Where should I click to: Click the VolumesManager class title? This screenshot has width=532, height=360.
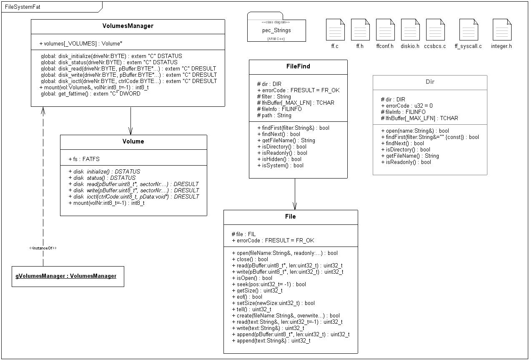[128, 26]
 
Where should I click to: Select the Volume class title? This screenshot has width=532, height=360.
[133, 141]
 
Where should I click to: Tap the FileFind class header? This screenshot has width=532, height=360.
[298, 66]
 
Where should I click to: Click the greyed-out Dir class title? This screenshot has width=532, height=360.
[430, 82]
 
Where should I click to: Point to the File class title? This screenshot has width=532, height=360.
[291, 217]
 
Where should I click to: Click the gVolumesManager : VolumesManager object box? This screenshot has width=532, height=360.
[68, 276]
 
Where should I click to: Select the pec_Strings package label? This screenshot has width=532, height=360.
[276, 30]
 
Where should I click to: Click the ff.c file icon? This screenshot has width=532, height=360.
[335, 30]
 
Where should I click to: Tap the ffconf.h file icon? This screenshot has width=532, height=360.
[386, 30]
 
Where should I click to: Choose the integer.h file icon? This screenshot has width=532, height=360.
[502, 30]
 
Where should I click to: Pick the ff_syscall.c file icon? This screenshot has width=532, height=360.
[469, 30]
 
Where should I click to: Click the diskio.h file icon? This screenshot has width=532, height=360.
[410, 30]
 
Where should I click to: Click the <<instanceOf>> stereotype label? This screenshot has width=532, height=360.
[43, 248]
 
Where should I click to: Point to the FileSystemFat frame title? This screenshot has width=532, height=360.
[23, 7]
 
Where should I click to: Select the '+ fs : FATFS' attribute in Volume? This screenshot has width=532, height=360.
[84, 159]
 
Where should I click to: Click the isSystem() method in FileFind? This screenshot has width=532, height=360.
[280, 165]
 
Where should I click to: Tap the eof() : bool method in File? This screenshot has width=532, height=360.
[247, 297]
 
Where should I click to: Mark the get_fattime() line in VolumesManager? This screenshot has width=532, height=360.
[90, 93]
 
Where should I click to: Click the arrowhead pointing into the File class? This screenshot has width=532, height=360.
[295, 206]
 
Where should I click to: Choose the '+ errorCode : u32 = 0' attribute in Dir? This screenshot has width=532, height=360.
[407, 106]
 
